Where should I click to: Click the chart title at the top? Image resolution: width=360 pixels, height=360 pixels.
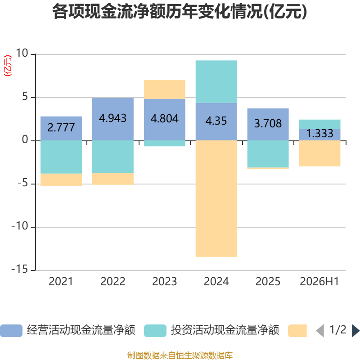[x=180, y=12]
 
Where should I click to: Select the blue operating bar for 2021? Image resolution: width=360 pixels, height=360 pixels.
[x=61, y=128]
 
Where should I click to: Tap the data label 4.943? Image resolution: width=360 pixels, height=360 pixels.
[x=112, y=118]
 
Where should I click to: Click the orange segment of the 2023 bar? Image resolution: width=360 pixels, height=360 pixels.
[x=165, y=89]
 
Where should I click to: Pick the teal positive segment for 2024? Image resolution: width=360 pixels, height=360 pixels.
[x=216, y=81]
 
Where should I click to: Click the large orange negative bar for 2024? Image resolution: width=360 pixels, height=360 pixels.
[x=216, y=198]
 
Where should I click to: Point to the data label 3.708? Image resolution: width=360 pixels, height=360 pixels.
[x=268, y=123]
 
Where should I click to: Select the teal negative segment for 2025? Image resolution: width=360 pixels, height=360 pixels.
[x=268, y=154]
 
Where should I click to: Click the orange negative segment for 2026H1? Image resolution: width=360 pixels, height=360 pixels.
[x=319, y=153]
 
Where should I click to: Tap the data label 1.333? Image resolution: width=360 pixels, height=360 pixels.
[x=319, y=133]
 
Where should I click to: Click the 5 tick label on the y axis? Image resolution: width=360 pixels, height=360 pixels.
[x=25, y=97]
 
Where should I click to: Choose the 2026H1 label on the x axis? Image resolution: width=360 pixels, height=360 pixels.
[x=319, y=282]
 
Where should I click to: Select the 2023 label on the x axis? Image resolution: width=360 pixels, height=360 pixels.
[x=164, y=282]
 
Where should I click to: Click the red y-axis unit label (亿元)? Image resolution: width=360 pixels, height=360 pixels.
[x=8, y=66]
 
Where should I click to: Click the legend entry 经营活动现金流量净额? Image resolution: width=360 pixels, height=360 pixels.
[x=68, y=330]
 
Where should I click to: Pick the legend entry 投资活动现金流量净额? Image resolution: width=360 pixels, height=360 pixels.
[x=211, y=330]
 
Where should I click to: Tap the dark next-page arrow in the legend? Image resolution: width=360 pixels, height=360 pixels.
[x=355, y=331]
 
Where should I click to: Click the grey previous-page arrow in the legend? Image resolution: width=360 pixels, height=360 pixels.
[x=320, y=331]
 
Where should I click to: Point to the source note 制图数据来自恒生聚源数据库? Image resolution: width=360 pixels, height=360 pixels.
[x=180, y=355]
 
